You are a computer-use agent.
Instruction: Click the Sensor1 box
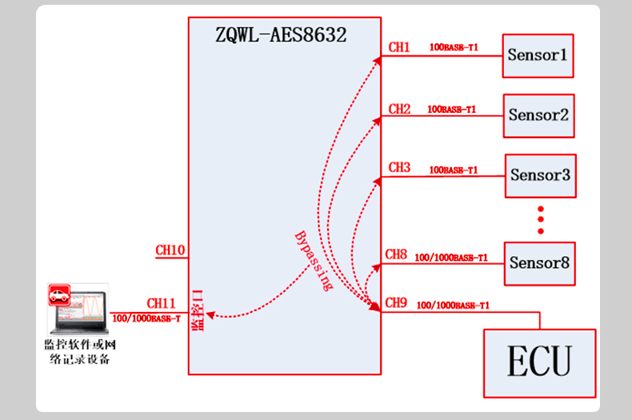(538, 56)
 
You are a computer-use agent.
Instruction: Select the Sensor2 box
(538, 115)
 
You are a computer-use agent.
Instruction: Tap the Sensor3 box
(540, 175)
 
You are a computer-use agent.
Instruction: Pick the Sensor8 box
(539, 263)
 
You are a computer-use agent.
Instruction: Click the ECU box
(539, 362)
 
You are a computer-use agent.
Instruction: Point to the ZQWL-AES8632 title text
(281, 35)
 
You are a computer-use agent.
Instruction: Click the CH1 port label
(399, 48)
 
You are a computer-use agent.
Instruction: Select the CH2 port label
(399, 109)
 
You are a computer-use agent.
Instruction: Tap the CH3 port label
(399, 168)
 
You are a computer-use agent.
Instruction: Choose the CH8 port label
(396, 255)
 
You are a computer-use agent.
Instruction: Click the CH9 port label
(396, 303)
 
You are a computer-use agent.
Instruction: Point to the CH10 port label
(170, 250)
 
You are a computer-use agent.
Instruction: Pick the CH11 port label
(161, 304)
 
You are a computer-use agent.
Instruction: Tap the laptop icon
(78, 309)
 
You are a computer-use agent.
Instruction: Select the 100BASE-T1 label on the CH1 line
(454, 48)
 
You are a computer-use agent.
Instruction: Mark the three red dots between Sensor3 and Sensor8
(541, 220)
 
